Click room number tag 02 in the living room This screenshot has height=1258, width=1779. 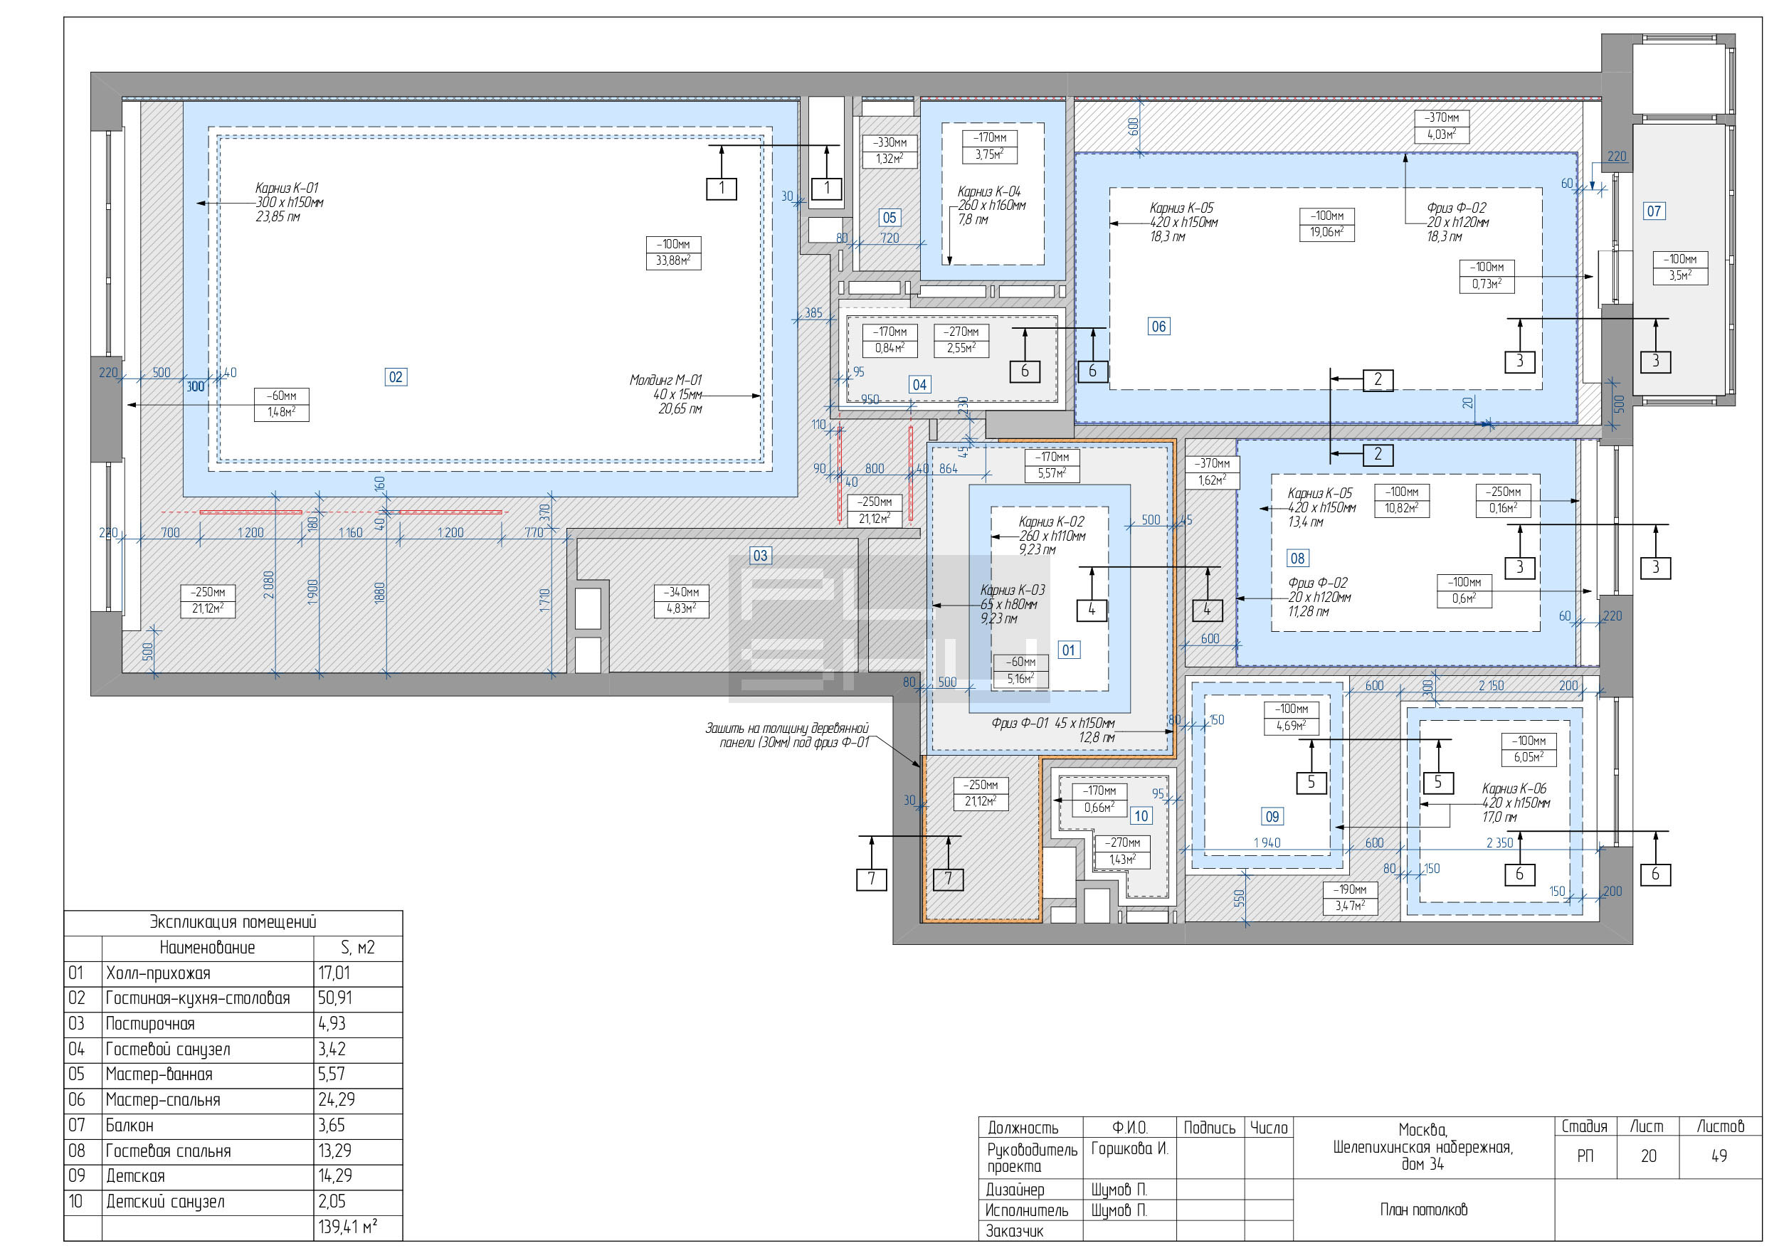tap(395, 377)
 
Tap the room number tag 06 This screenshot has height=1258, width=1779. tap(1158, 327)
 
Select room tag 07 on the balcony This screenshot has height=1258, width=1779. tap(1654, 211)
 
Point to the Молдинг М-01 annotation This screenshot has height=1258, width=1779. tap(665, 381)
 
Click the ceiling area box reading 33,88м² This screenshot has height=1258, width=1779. tap(673, 261)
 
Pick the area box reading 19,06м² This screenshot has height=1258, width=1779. tap(1326, 233)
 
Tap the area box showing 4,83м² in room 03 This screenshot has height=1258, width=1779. tap(681, 609)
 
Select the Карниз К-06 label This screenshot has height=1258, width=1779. tap(1514, 788)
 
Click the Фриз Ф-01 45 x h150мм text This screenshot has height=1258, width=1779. tap(1053, 724)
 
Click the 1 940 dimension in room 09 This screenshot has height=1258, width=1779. tap(1267, 842)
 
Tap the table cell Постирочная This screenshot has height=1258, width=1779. tap(149, 1024)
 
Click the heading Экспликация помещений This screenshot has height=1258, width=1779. tap(233, 922)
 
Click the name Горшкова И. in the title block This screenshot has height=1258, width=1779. tap(1129, 1148)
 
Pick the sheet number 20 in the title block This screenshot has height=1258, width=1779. tap(1648, 1156)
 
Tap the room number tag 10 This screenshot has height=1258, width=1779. tap(1141, 815)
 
